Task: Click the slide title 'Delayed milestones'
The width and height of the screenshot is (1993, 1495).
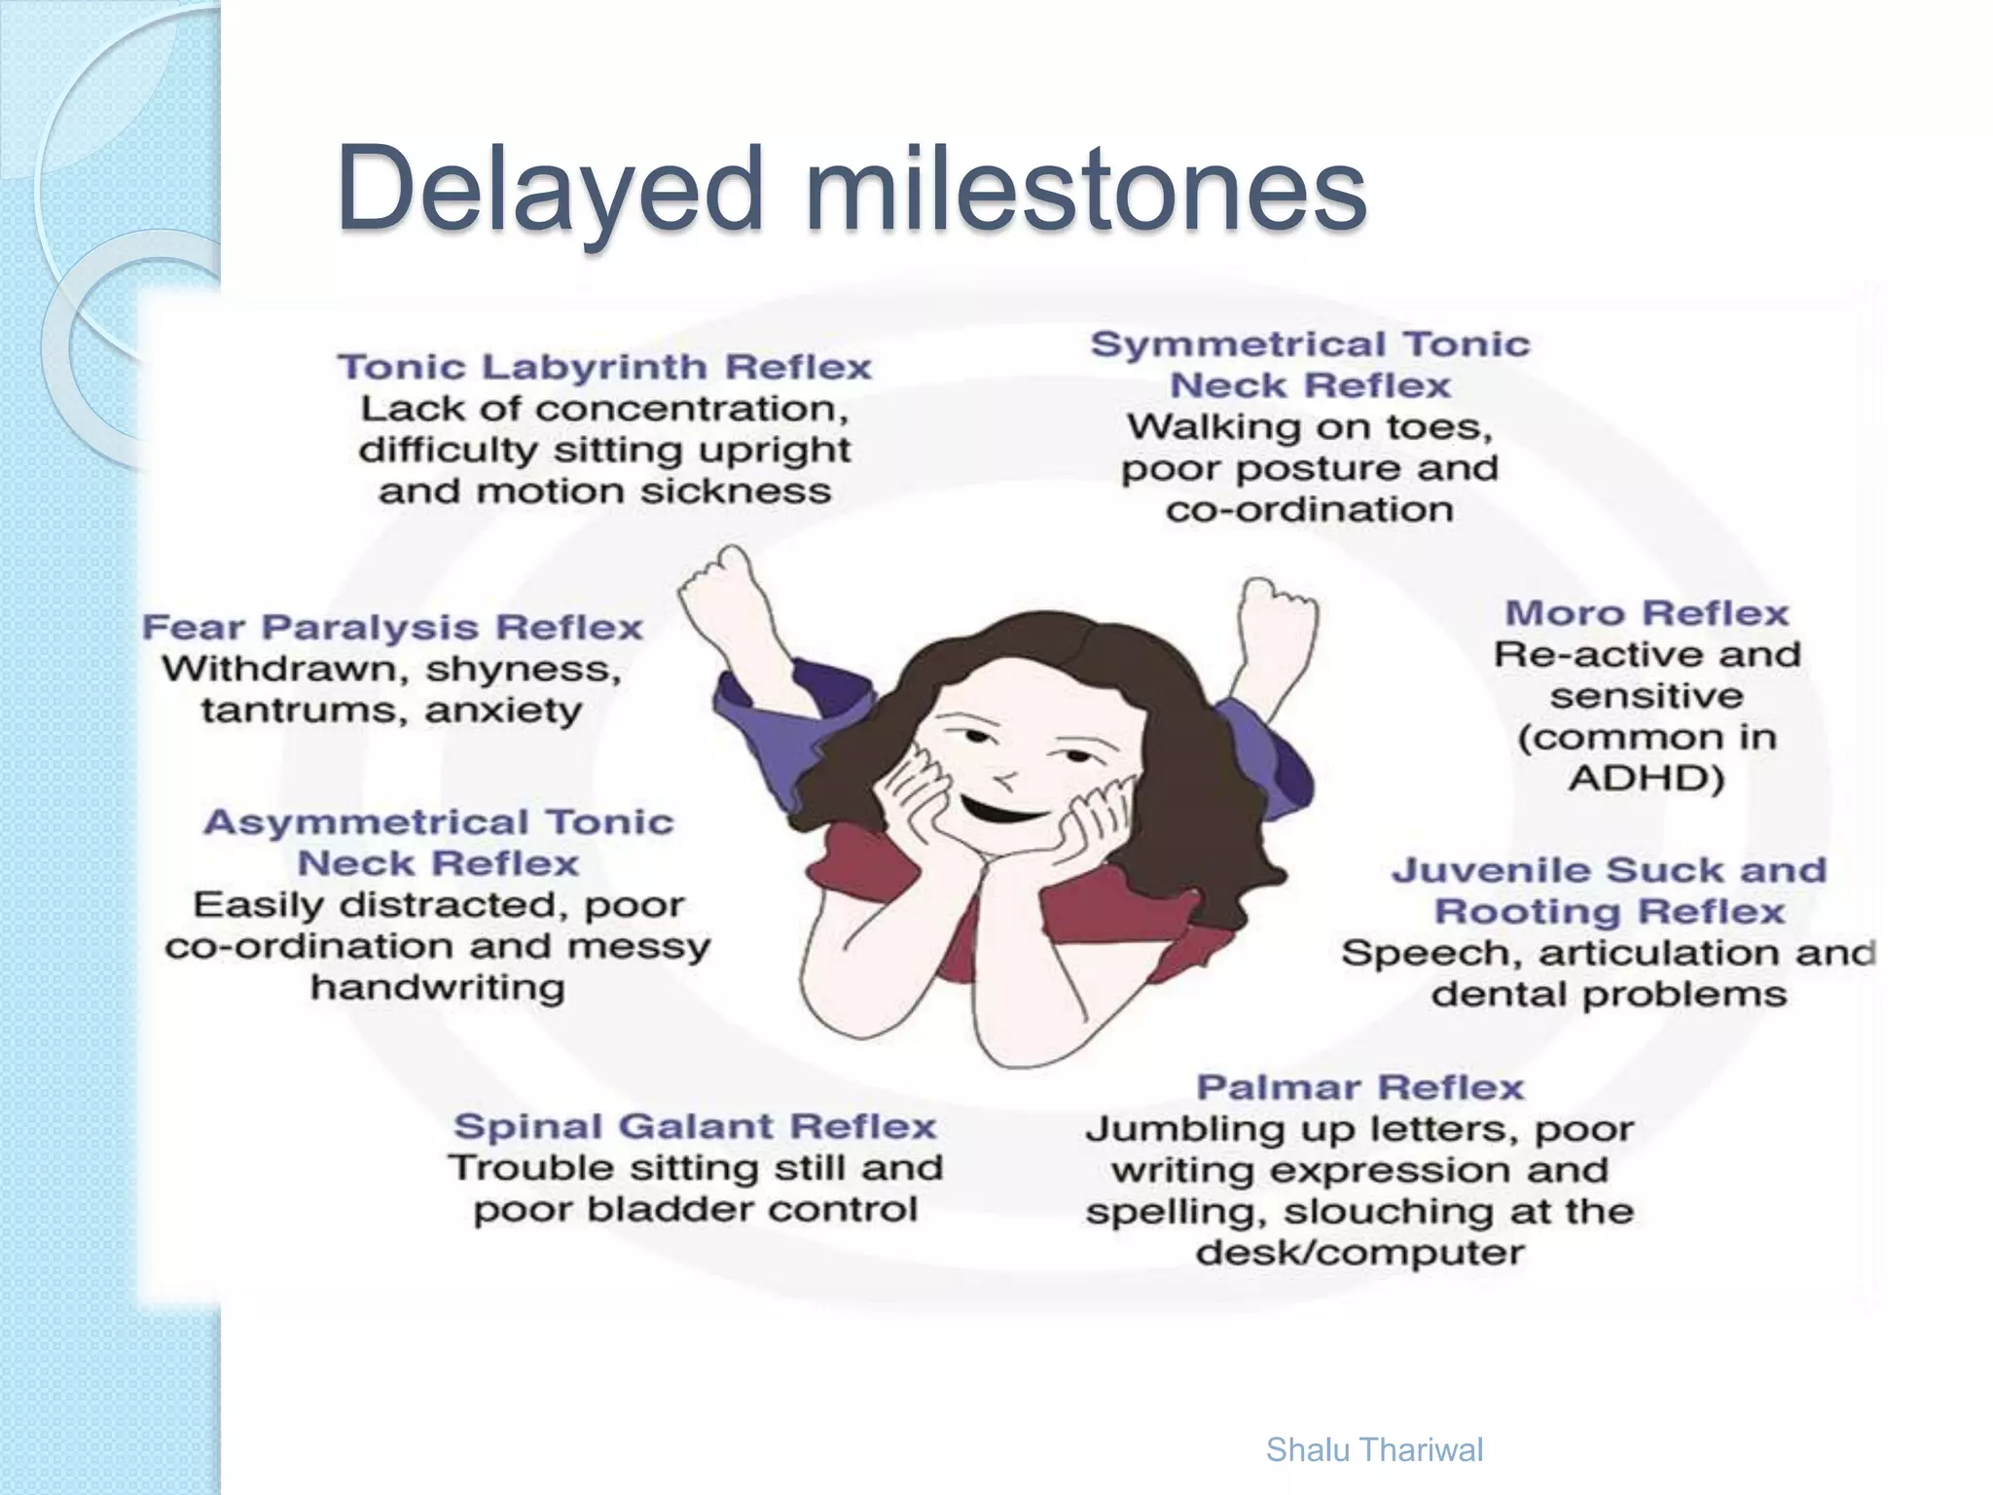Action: pyautogui.click(x=852, y=187)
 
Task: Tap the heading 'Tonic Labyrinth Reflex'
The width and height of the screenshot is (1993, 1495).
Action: pyautogui.click(x=604, y=367)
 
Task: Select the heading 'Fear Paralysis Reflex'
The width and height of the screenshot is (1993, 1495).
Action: pyautogui.click(x=392, y=628)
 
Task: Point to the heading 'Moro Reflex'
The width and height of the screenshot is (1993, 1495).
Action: pyautogui.click(x=1647, y=613)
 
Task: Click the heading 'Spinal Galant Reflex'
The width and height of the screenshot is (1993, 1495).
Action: pyautogui.click(x=695, y=1126)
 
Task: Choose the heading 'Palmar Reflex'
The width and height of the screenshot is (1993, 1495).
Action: pyautogui.click(x=1359, y=1087)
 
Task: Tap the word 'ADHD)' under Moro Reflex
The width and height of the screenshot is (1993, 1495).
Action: pyautogui.click(x=1647, y=779)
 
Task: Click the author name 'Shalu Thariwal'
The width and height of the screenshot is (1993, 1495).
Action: pyautogui.click(x=1374, y=1449)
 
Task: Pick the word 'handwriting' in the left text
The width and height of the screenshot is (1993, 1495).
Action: pyautogui.click(x=438, y=988)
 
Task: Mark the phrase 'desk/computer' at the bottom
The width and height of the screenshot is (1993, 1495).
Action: pyautogui.click(x=1359, y=1253)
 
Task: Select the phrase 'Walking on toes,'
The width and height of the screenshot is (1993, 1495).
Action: pyautogui.click(x=1310, y=427)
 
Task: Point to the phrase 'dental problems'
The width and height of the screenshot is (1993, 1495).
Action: pyautogui.click(x=1609, y=995)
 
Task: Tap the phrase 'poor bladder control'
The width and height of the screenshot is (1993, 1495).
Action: pyautogui.click(x=695, y=1210)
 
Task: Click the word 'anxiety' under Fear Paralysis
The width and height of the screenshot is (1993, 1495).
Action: pyautogui.click(x=503, y=711)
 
